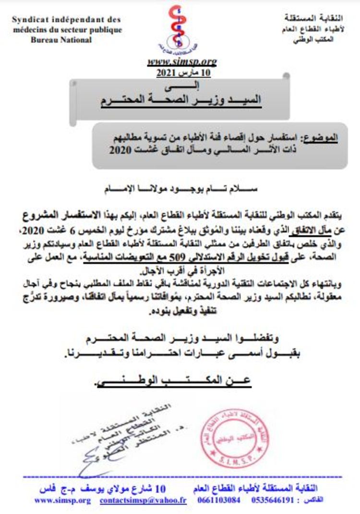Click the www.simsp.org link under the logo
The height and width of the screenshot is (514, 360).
(x=182, y=61)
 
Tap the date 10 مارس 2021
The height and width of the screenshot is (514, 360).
(x=183, y=73)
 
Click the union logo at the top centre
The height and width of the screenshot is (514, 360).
(x=182, y=29)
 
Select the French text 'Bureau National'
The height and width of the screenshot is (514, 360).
(x=61, y=40)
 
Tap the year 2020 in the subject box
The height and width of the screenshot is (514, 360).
(x=120, y=149)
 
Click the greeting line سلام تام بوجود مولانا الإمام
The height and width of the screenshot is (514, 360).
(x=181, y=189)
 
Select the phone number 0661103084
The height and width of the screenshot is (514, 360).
(x=219, y=500)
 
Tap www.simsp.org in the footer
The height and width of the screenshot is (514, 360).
(x=63, y=500)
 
